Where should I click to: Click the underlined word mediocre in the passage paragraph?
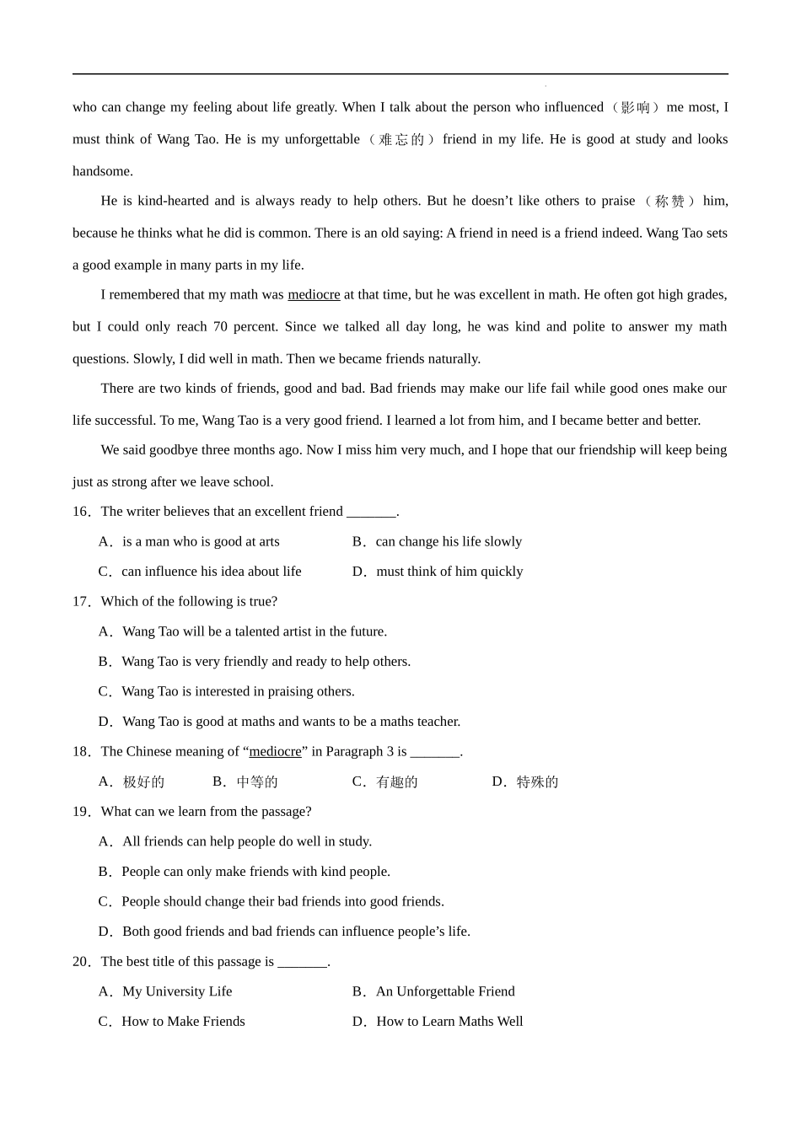coord(314,295)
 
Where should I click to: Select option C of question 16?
coord(211,572)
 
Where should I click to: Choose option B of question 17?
coord(266,662)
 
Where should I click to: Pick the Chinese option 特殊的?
coord(537,782)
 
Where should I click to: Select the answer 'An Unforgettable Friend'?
coord(444,991)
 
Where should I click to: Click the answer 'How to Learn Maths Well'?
coord(449,1022)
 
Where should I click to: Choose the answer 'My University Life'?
coord(177,991)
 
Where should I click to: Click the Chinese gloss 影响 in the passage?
coord(635,108)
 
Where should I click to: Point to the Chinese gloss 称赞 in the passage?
coord(669,201)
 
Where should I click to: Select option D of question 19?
coord(295,932)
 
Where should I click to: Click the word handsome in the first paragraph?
coord(102,171)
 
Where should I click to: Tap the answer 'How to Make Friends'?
coord(183,1022)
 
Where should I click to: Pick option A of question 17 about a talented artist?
coord(254,631)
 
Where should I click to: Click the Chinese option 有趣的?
coord(396,782)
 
